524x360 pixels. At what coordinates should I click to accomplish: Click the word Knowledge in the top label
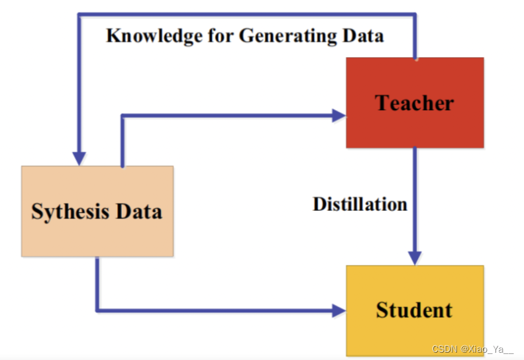tap(147, 35)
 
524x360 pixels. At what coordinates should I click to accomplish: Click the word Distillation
tap(360, 204)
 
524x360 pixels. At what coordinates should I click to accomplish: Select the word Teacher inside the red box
tap(415, 103)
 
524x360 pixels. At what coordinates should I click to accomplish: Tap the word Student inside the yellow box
tap(415, 310)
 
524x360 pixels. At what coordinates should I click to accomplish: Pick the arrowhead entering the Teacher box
tap(339, 115)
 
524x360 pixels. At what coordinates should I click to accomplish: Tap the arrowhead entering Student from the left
tap(339, 310)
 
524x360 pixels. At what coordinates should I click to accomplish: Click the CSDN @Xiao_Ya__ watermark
tap(472, 349)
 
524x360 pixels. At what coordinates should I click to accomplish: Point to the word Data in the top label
tap(364, 35)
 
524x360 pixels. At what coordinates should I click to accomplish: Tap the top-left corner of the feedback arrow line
tap(79, 14)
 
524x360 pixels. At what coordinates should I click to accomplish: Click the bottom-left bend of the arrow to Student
tap(97, 310)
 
